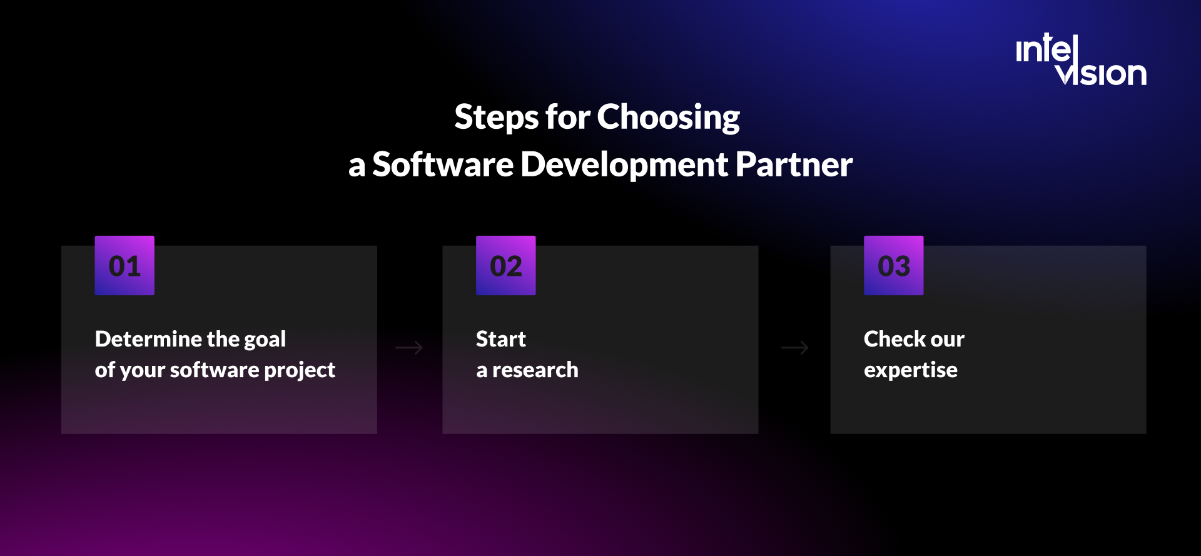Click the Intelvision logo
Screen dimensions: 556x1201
coord(1081,61)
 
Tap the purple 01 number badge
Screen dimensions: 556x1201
coord(124,266)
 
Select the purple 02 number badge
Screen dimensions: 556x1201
coord(505,266)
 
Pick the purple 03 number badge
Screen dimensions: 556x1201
coord(893,266)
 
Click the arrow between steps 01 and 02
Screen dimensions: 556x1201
coord(409,348)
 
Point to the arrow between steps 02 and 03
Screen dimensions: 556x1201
coord(795,348)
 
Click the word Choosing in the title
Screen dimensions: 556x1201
coord(668,117)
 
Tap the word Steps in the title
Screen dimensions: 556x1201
coord(496,117)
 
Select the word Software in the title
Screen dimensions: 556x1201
coord(442,164)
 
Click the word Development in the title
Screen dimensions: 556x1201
coord(624,164)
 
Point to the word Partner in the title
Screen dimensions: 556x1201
coord(794,164)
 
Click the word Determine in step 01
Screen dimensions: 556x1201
coord(148,339)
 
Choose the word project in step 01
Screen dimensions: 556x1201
coord(300,370)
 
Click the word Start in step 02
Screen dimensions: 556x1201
coord(500,339)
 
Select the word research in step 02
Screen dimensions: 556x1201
coord(535,370)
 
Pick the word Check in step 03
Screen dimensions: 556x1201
coord(887,339)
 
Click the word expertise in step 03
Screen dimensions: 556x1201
coord(910,370)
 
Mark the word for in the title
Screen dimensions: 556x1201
coord(567,117)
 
